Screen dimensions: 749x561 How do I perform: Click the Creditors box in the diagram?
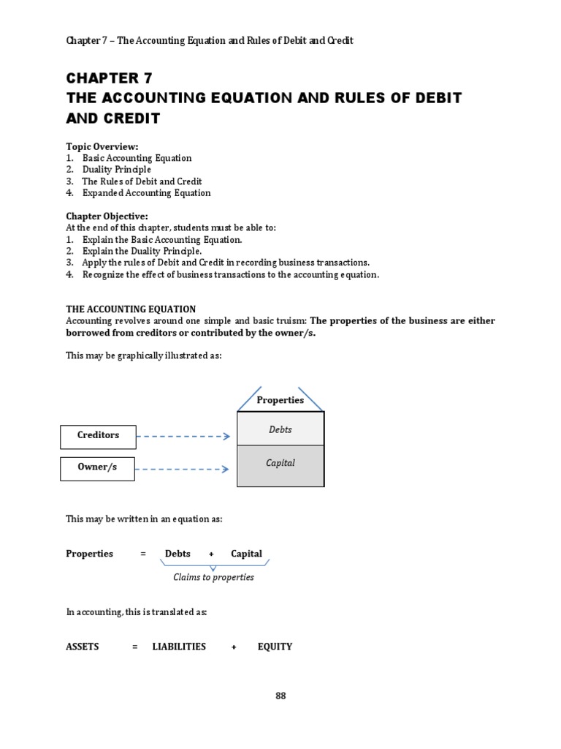point(97,436)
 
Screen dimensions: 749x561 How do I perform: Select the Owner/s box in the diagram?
point(97,468)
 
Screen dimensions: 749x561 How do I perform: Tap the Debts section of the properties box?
point(280,429)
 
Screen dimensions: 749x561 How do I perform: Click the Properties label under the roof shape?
point(280,400)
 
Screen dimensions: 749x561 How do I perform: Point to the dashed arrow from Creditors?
point(183,437)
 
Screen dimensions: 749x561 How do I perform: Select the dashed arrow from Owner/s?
point(183,469)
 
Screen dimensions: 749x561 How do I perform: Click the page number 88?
point(280,696)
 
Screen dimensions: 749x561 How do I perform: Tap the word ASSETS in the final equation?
point(83,647)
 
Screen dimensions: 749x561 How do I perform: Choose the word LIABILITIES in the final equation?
point(179,647)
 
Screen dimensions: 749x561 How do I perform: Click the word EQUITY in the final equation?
point(275,647)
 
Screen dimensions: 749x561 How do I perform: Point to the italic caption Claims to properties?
point(213,577)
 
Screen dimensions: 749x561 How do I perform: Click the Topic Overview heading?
point(102,146)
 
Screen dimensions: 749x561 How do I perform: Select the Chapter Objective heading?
point(107,217)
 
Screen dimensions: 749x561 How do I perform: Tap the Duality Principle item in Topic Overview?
point(117,170)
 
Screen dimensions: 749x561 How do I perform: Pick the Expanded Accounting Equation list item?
point(146,193)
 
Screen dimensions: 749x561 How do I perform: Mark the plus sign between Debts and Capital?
point(211,554)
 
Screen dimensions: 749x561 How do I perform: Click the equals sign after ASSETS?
point(135,647)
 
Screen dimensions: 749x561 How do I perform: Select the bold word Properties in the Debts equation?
point(90,554)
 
